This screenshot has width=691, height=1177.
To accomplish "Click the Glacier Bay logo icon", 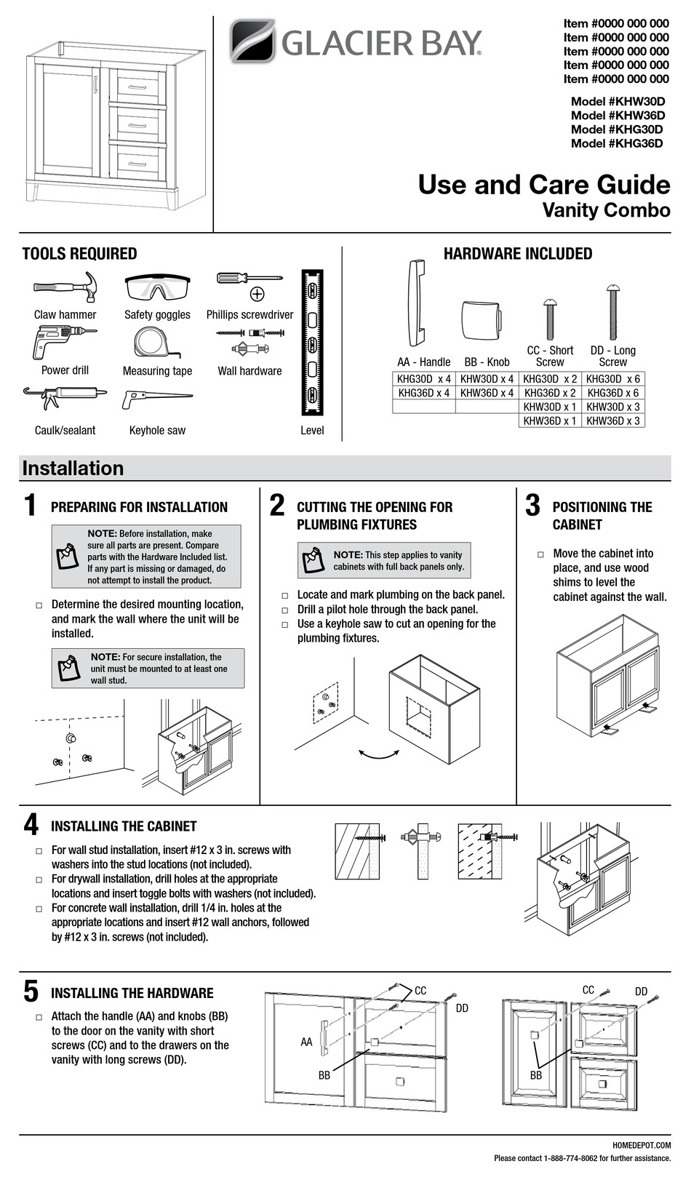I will (252, 41).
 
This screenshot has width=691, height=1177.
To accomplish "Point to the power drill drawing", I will (63, 341).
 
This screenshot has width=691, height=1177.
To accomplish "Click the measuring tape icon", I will (156, 341).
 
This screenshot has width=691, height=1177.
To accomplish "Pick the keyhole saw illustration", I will (157, 399).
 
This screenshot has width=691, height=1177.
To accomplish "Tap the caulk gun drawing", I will (65, 399).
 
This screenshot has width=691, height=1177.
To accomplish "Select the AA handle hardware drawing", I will (415, 303).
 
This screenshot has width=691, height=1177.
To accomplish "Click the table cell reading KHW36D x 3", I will (613, 421).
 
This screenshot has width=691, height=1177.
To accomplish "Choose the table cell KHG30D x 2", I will (550, 379).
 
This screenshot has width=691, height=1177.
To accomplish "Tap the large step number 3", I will (532, 506).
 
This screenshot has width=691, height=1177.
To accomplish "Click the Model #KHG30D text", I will (617, 129).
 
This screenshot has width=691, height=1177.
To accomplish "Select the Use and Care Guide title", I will (543, 185).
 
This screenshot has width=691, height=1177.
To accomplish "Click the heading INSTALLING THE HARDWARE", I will (132, 993).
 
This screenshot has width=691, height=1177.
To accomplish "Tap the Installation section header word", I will (73, 468).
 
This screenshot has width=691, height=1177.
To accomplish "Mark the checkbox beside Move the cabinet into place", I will (540, 554).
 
